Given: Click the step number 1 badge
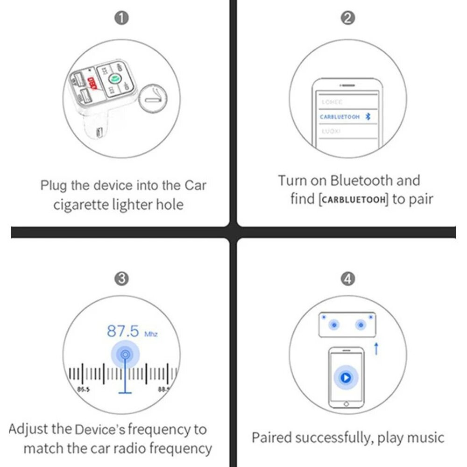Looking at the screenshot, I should tap(121, 18).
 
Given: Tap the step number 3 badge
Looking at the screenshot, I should tap(121, 279).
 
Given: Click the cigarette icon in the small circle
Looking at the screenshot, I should tap(153, 99).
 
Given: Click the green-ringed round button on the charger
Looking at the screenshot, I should tap(113, 78).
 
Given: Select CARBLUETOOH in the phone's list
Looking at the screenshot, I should tap(340, 117).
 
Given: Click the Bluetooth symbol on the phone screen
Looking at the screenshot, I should tap(368, 117).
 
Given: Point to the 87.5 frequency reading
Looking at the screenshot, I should tap(123, 331).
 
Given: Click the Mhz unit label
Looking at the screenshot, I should tap(151, 334).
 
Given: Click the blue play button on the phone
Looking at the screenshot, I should tap(346, 377).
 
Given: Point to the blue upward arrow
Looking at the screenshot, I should tap(376, 348).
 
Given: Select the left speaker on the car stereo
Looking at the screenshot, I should tap(333, 325).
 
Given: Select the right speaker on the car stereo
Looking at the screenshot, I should tap(360, 325).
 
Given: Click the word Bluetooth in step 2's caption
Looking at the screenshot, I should tap(361, 180).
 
